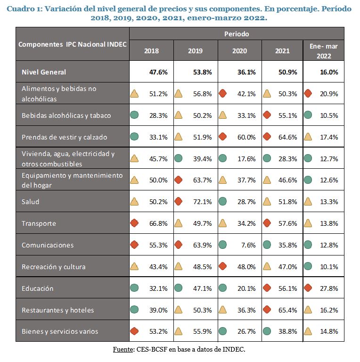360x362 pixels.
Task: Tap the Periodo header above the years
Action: tap(237, 34)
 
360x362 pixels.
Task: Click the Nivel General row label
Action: tap(44, 72)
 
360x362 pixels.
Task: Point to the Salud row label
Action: tap(31, 202)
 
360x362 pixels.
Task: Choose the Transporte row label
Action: tap(39, 223)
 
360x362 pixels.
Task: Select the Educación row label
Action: tap(38, 288)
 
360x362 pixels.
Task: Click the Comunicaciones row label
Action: tap(47, 245)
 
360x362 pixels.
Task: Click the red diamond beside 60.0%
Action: tap(223, 137)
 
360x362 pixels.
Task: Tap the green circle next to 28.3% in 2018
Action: tap(135, 115)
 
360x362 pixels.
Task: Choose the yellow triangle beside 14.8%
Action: tap(308, 331)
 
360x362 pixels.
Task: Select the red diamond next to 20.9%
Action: tap(308, 93)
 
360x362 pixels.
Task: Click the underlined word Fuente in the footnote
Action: tap(123, 349)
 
